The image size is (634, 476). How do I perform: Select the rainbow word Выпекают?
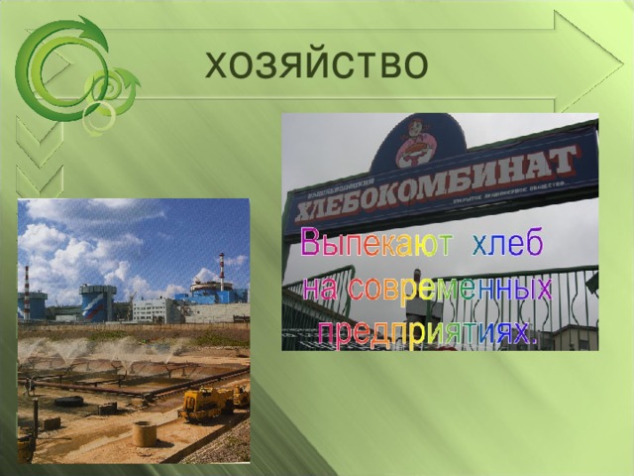(375, 244)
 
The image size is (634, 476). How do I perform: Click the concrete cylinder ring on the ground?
(146, 433)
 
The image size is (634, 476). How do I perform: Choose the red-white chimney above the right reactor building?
(221, 265)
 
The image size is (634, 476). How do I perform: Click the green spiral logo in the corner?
(69, 74)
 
